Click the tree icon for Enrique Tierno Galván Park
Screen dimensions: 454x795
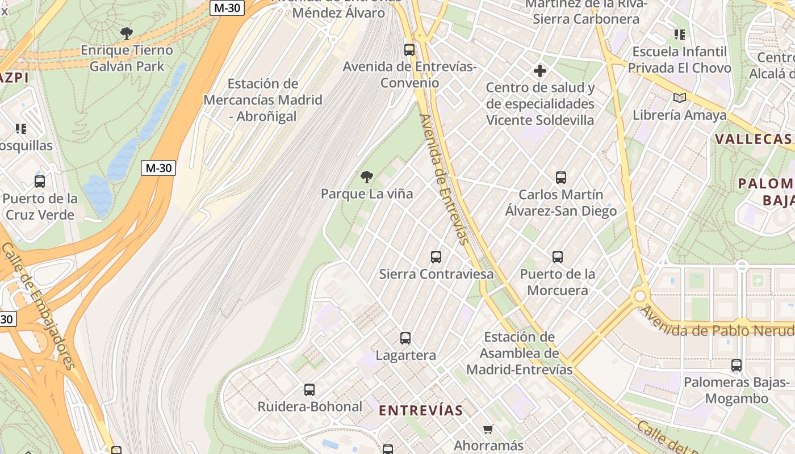(127, 33)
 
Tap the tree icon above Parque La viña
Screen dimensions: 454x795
(367, 177)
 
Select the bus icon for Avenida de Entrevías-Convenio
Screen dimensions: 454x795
(409, 49)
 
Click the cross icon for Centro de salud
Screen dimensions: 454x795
(540, 71)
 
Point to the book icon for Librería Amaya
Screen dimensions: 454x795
(679, 98)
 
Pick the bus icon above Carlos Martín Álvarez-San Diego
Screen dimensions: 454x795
(561, 178)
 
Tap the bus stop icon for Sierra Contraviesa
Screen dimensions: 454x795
(436, 257)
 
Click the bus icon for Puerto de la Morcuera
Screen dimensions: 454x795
(558, 257)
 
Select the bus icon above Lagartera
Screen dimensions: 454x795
(405, 338)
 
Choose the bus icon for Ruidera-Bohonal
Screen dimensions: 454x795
(309, 390)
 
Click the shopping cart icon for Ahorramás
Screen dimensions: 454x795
(488, 429)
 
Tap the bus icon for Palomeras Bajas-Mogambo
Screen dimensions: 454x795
(737, 365)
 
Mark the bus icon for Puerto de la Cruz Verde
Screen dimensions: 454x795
(40, 182)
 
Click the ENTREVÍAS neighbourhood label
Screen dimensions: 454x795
(421, 410)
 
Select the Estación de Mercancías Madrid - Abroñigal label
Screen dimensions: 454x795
(262, 100)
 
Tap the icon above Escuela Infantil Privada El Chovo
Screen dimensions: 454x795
(679, 35)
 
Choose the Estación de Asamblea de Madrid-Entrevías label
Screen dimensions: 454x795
(519, 353)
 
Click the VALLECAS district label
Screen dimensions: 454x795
(754, 139)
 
